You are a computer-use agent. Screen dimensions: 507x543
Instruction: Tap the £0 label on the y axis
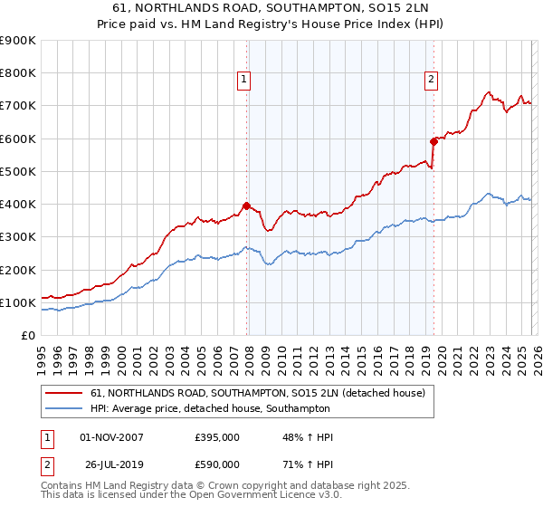[27, 335]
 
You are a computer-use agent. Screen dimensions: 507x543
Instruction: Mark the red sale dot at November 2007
[246, 206]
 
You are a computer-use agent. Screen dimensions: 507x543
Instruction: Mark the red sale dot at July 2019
[433, 141]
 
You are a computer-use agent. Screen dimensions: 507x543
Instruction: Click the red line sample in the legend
[64, 393]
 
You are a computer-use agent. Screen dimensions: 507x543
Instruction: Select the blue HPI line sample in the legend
[64, 408]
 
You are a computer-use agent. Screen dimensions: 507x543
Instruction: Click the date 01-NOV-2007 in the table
[111, 437]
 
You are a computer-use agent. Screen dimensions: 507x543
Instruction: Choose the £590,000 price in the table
[217, 464]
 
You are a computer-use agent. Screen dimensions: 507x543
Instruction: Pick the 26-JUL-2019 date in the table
[111, 464]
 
